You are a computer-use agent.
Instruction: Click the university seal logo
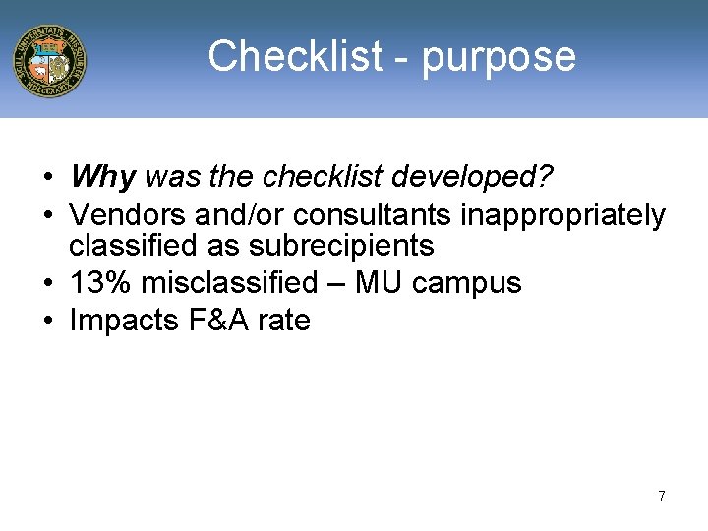click(x=49, y=60)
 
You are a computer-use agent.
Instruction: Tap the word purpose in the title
click(x=499, y=58)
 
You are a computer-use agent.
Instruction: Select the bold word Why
click(x=102, y=178)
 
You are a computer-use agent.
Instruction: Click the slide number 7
click(x=662, y=496)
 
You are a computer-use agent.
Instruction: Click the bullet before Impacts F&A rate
click(x=48, y=321)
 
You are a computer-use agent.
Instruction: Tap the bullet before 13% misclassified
click(x=48, y=283)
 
